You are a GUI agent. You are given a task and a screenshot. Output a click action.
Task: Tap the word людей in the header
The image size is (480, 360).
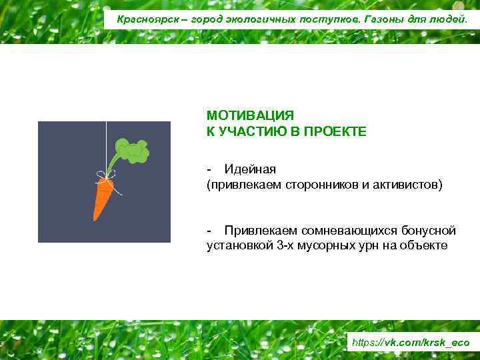(x=451, y=19)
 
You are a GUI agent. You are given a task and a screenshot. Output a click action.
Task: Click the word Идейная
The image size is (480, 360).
(x=250, y=169)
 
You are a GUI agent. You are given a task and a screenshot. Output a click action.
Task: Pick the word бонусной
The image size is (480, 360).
(x=429, y=230)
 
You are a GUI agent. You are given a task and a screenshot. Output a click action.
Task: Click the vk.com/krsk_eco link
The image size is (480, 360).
(x=410, y=342)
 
